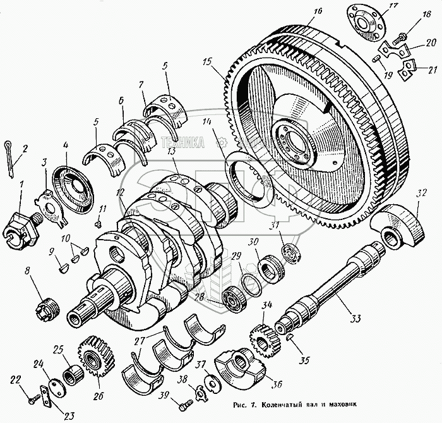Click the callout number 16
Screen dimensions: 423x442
point(316,11)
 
